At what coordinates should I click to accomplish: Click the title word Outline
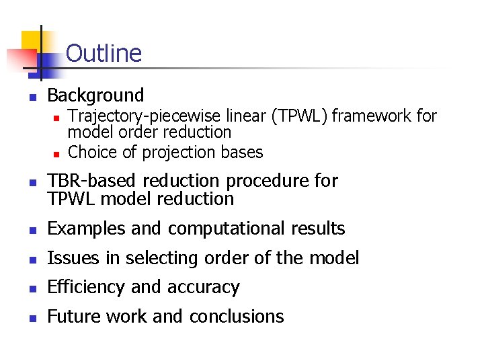104,53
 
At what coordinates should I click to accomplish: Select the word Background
96,95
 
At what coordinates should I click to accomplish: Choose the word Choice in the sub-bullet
92,153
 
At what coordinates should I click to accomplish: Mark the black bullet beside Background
32,97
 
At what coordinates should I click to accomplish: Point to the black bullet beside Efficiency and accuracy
32,288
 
